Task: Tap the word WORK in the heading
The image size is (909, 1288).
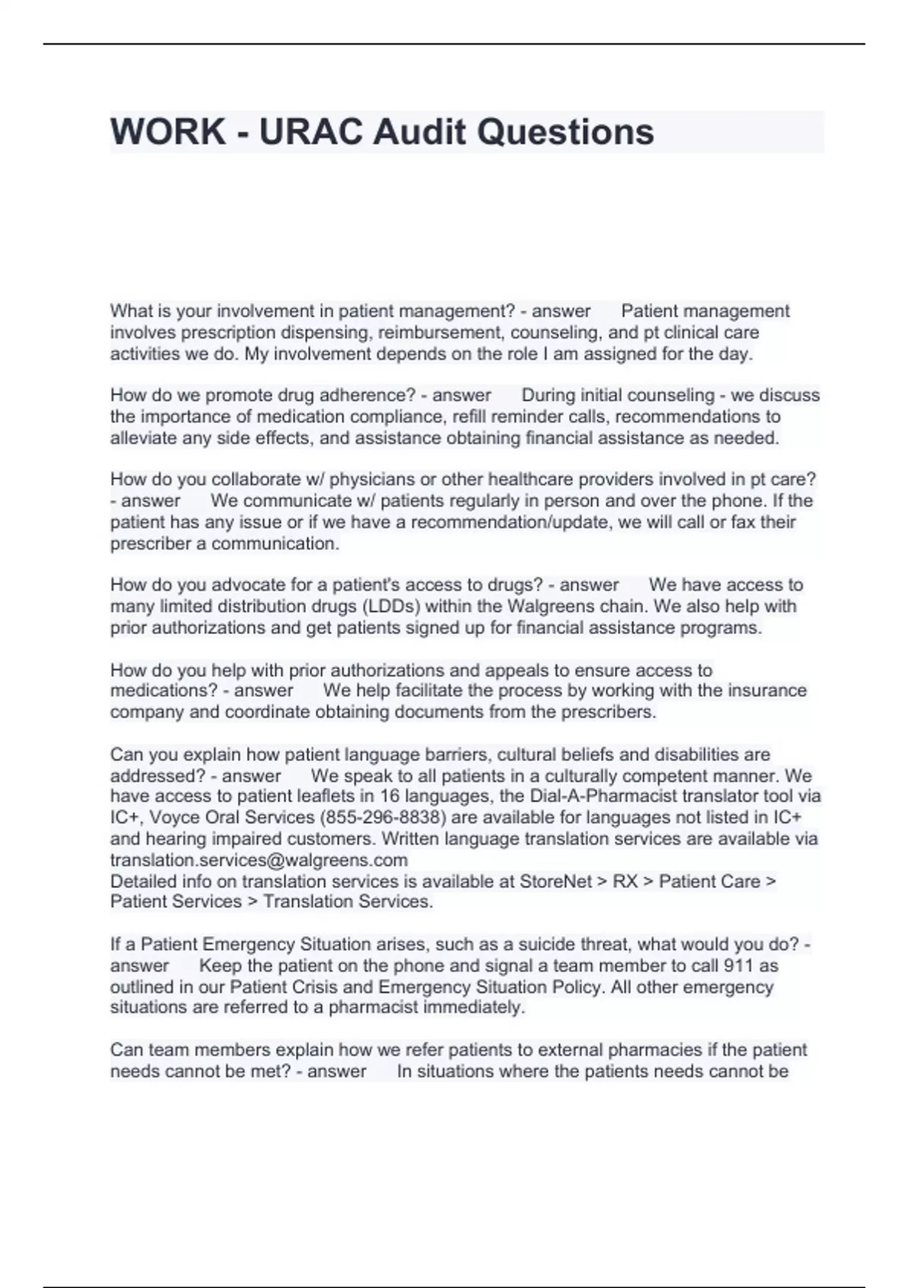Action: [x=167, y=132]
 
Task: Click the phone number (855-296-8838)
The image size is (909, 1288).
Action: [x=379, y=818]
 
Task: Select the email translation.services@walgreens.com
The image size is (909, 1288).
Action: [x=259, y=860]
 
